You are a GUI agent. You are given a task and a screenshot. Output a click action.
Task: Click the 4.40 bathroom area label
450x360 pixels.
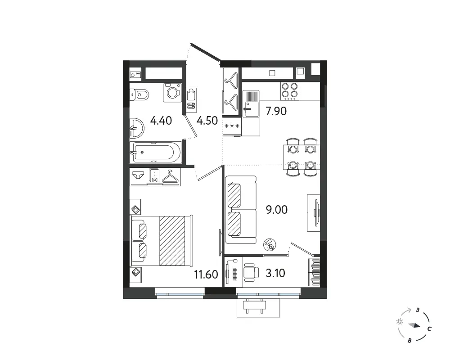point(161,121)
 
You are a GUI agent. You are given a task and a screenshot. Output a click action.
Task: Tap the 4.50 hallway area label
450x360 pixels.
point(207,121)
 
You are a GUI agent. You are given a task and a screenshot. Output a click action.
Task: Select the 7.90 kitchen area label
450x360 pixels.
point(276,111)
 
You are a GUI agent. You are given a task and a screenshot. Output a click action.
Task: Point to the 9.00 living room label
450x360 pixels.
point(277,210)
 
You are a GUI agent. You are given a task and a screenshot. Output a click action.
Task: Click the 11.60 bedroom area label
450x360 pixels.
point(206,275)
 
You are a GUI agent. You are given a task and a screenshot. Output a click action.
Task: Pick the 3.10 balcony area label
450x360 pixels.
point(275,273)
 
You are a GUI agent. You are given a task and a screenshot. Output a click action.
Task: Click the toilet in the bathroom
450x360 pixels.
point(139,94)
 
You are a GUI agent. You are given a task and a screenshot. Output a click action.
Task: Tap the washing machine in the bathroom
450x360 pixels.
point(172,92)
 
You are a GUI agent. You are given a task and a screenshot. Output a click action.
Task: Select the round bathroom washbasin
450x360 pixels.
point(137,127)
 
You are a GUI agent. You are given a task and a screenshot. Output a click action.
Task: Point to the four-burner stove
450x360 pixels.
point(289,91)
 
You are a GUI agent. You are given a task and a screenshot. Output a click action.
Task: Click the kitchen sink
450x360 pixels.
point(251,103)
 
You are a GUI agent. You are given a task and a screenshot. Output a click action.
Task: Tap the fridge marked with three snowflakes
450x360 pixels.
point(232,126)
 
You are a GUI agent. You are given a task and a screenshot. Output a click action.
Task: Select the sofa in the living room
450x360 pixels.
point(240,210)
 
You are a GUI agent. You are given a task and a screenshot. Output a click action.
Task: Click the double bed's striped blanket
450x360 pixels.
point(172,241)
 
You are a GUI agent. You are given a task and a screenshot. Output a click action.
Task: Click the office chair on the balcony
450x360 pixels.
point(251,272)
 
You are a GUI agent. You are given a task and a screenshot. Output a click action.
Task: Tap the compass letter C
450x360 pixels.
point(429,329)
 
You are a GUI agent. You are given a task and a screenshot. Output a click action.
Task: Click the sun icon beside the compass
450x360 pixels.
point(399,322)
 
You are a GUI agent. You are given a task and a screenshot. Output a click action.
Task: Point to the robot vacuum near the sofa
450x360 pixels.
point(270,245)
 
